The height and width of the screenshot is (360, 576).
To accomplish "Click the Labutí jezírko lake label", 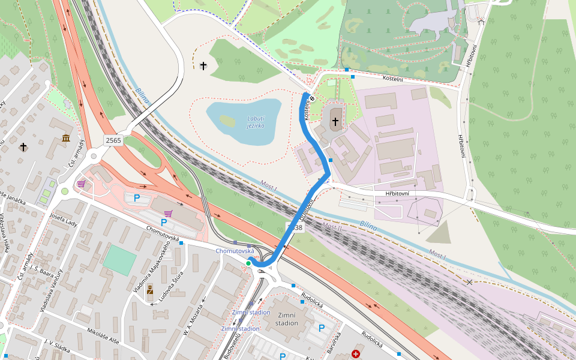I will click(x=256, y=122).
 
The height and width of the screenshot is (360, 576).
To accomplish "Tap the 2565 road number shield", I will click(x=113, y=140).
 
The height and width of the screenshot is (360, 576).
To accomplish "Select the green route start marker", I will click(x=248, y=263).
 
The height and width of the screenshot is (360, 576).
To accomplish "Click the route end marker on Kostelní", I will click(x=312, y=98).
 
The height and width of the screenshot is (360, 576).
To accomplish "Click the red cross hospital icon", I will click(x=356, y=354).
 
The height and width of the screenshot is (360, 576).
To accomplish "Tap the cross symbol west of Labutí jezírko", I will click(x=203, y=65).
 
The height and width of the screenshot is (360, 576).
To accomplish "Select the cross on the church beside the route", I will click(x=335, y=122).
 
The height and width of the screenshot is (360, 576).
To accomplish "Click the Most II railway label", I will click(x=332, y=227).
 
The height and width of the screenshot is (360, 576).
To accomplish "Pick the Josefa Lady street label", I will click(x=64, y=220).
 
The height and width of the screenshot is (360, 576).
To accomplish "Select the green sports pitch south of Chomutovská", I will click(x=119, y=260).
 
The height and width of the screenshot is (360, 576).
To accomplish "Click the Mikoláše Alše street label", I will click(x=103, y=335).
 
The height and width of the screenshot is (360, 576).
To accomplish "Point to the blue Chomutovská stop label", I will click(x=235, y=251).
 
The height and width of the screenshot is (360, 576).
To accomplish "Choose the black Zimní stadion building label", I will click(x=287, y=319).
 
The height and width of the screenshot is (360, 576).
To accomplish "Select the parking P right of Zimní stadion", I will click(x=322, y=328).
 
